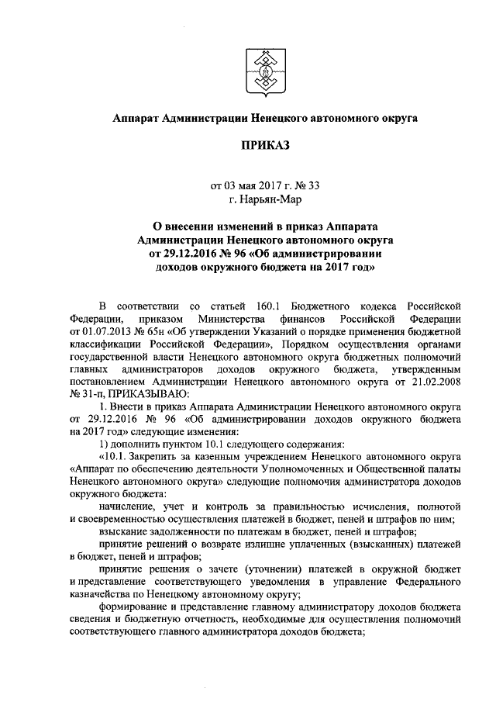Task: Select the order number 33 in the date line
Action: tap(314, 185)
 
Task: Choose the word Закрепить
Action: tap(160, 456)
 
